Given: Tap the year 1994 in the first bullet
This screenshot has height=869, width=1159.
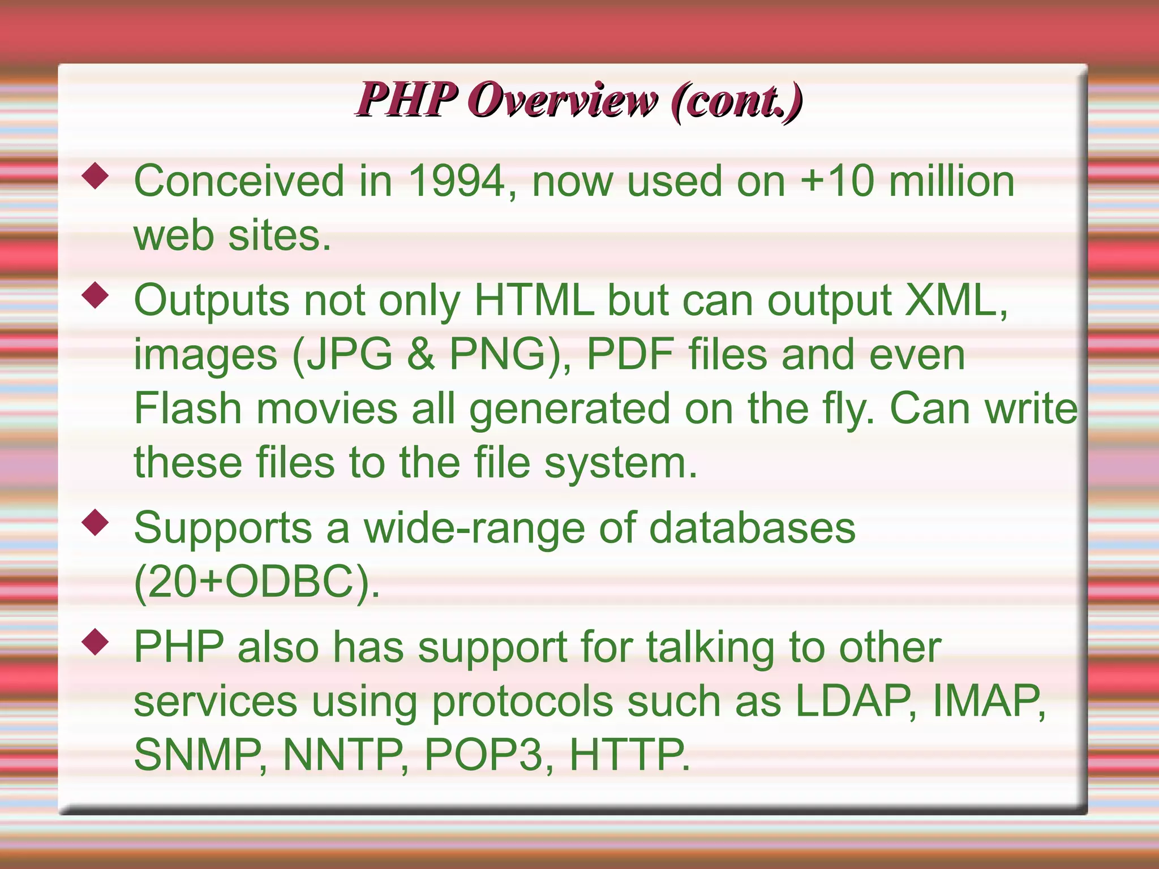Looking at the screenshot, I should (x=456, y=182).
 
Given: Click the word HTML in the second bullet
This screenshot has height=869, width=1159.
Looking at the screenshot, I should (x=534, y=300).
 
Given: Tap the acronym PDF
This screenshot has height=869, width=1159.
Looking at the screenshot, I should (x=630, y=355).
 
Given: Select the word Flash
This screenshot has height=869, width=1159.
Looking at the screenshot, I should (x=187, y=408).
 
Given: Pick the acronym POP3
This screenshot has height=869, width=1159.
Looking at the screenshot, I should (x=484, y=755).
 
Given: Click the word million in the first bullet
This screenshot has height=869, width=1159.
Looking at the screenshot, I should (x=951, y=182).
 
